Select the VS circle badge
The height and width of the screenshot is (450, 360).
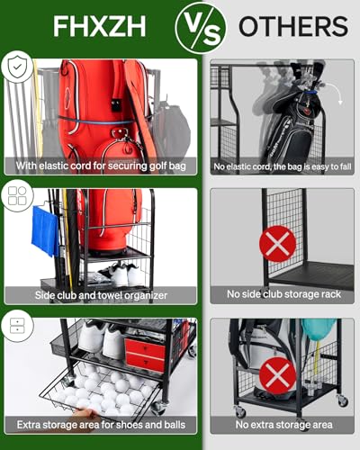[200, 26]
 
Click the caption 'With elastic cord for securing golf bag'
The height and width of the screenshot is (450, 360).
[101, 166]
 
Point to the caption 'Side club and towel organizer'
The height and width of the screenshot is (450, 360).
[101, 295]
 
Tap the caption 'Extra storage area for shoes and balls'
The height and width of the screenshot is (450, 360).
[101, 424]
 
